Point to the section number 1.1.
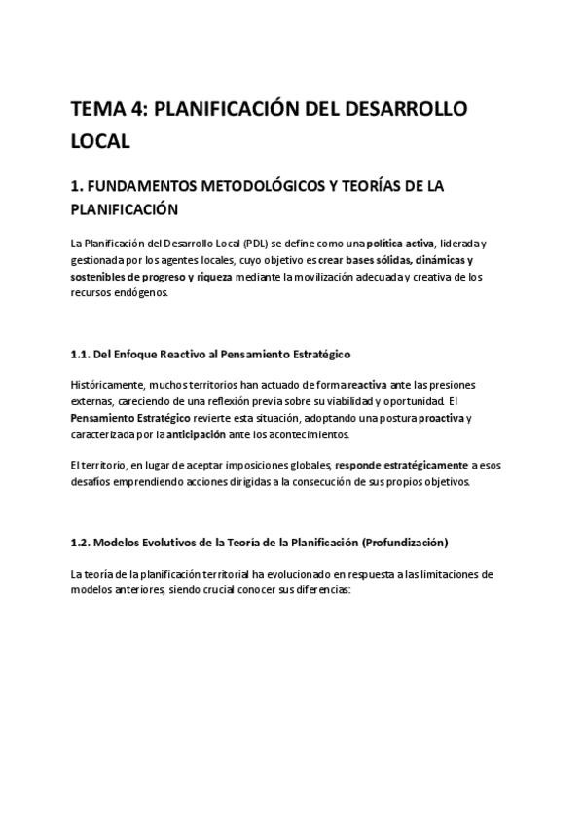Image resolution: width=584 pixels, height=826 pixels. pos(82,354)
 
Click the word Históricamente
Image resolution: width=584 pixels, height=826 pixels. pos(108,385)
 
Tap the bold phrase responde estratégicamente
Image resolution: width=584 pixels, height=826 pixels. pos(395,466)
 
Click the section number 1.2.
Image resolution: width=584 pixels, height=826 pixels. pos(82,542)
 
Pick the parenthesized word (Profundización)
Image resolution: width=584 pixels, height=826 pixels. pos(405,542)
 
